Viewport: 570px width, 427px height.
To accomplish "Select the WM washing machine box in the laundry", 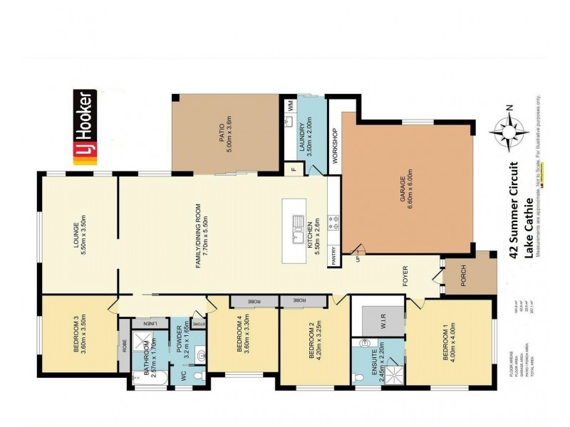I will [x=291, y=105].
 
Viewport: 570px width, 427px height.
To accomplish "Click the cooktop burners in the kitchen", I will [x=330, y=221].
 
